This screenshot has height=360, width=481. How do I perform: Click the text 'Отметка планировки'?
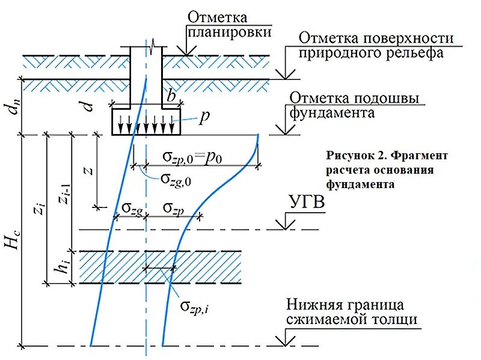coord(217,24)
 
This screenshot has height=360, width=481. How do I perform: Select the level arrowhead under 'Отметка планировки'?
coord(187,52)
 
